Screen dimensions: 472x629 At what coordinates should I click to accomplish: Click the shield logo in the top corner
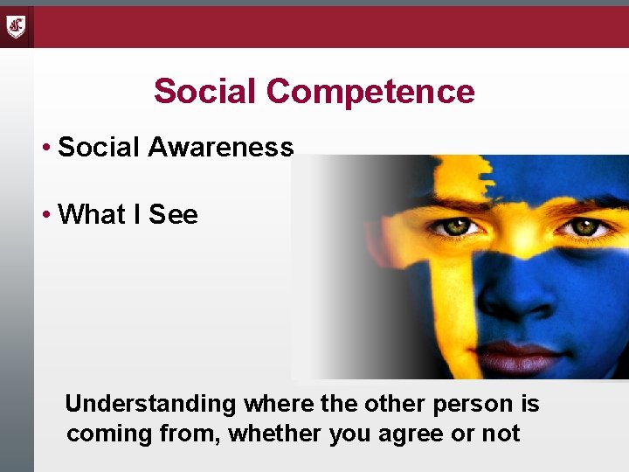point(16,26)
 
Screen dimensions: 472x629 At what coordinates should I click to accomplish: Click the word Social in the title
point(205,91)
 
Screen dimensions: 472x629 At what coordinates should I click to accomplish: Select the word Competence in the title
point(370,91)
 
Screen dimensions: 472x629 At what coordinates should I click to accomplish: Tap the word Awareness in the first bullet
point(221,147)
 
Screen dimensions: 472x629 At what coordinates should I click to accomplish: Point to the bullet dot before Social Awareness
point(45,148)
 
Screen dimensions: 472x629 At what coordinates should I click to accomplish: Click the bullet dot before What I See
point(45,214)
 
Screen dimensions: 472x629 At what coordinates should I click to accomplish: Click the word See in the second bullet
point(174,214)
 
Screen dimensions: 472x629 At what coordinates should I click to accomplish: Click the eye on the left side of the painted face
point(457,226)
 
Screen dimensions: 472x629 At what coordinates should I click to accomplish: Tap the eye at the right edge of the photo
point(586,227)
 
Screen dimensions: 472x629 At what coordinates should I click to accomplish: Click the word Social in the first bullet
point(99,147)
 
